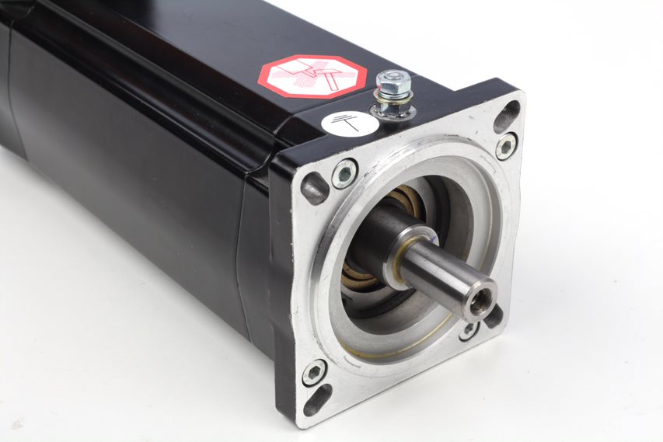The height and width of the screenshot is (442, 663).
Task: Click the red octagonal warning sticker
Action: (x=312, y=76)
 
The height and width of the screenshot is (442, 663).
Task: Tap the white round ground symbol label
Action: (x=350, y=123)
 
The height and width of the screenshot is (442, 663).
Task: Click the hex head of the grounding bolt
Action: (x=393, y=81)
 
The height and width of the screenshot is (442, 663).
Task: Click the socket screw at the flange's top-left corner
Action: (x=344, y=172)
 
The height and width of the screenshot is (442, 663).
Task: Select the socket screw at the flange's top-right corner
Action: (x=506, y=146)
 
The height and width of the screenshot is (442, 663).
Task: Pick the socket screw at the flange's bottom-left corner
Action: (x=314, y=372)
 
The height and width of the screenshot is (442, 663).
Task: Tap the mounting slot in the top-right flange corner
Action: (x=507, y=116)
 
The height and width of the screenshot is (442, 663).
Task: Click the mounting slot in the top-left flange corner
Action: (x=315, y=189)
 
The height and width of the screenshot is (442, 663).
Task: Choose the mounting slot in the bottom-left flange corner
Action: (x=317, y=399)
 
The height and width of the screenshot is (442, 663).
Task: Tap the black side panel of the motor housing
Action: (x=140, y=194)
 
